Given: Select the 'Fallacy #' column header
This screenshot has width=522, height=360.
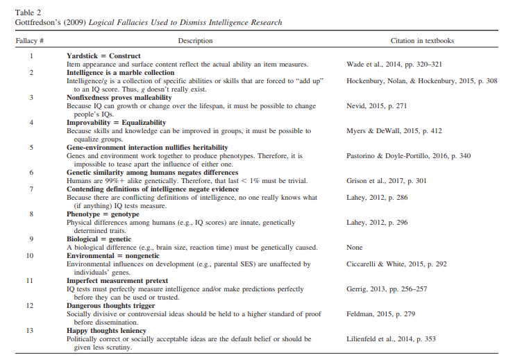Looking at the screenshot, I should click(31, 41).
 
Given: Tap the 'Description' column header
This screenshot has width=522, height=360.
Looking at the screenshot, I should click(195, 41).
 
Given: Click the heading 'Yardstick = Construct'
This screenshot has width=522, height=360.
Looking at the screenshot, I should click(103, 55).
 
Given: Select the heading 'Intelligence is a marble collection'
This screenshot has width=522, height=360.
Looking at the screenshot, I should click(121, 72).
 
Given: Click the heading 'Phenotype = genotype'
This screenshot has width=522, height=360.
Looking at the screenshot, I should click(103, 214).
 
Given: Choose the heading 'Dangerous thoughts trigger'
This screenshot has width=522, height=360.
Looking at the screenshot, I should click(111, 305).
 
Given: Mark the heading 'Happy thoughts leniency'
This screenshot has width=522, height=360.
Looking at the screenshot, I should click(106, 330).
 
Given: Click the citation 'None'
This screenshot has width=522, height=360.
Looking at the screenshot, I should click(355, 248).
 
